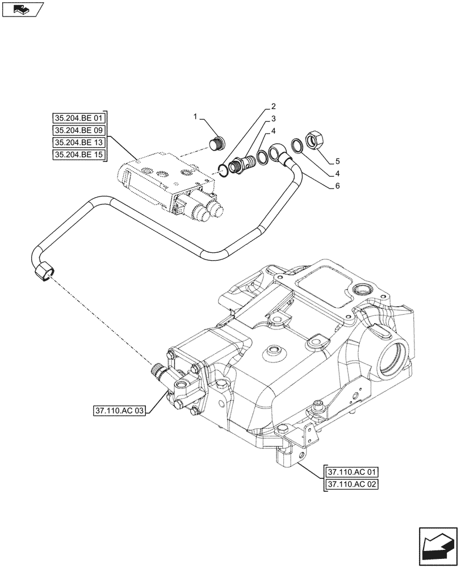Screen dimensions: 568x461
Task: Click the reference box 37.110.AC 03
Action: [118, 410]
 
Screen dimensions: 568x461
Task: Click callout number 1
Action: [195, 117]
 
